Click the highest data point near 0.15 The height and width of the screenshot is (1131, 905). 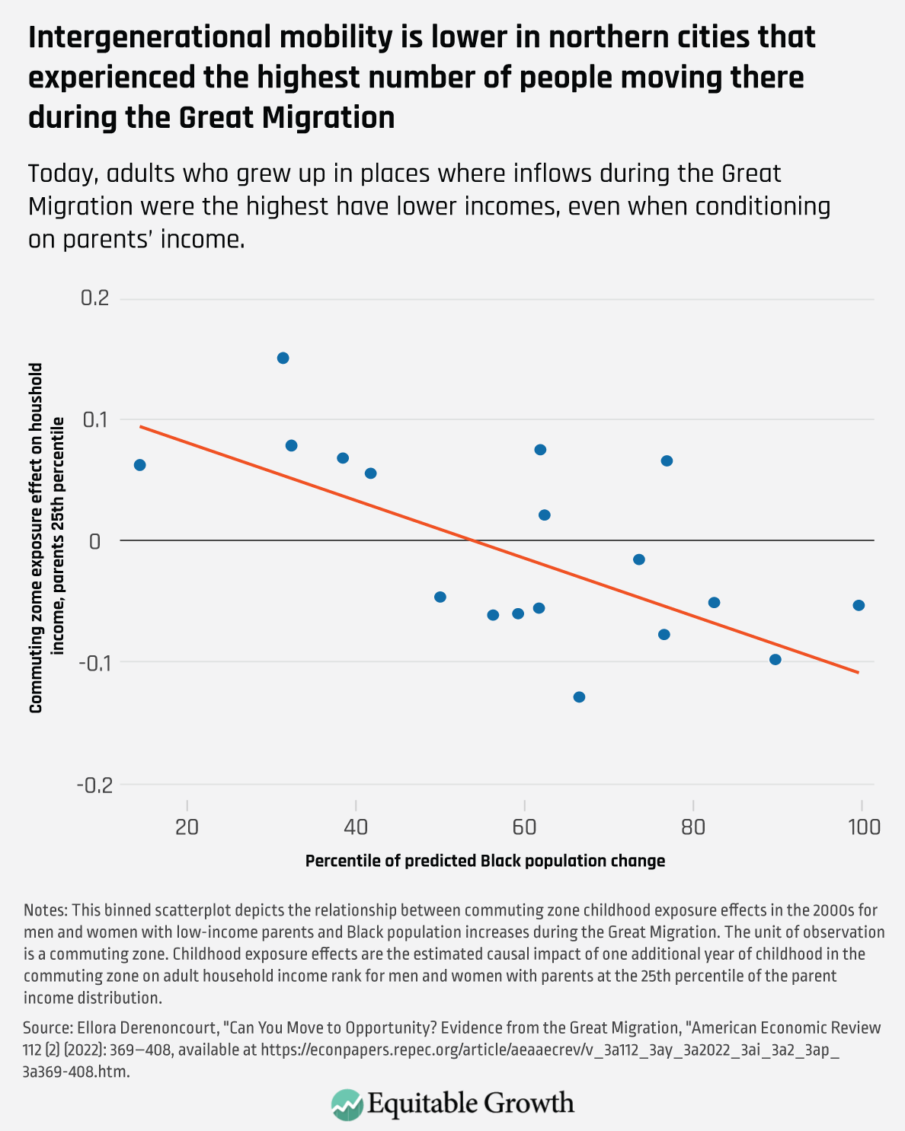tap(283, 358)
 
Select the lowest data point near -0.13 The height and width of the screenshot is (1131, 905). tap(579, 696)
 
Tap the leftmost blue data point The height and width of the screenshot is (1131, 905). tap(139, 465)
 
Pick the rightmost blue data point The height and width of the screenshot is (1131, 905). tap(859, 605)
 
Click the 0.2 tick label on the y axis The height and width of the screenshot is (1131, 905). tap(95, 298)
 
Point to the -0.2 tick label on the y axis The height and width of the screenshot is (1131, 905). tap(94, 785)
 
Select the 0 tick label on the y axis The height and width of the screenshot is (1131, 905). tap(95, 541)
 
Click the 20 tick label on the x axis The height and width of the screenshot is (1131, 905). tap(187, 827)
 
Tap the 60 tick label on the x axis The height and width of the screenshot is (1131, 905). tap(524, 827)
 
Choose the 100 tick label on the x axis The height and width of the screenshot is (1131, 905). tap(862, 827)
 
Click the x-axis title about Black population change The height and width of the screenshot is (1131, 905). tap(485, 861)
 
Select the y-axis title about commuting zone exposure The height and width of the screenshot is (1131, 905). tap(46, 537)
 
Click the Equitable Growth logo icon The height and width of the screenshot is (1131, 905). tap(347, 1104)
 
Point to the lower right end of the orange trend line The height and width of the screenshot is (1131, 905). tap(859, 672)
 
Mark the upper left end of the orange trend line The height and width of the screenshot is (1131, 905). tap(141, 427)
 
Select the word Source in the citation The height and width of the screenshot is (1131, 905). tap(47, 1028)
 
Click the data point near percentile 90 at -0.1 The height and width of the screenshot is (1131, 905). tap(775, 659)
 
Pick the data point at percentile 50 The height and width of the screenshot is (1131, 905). tap(440, 597)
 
